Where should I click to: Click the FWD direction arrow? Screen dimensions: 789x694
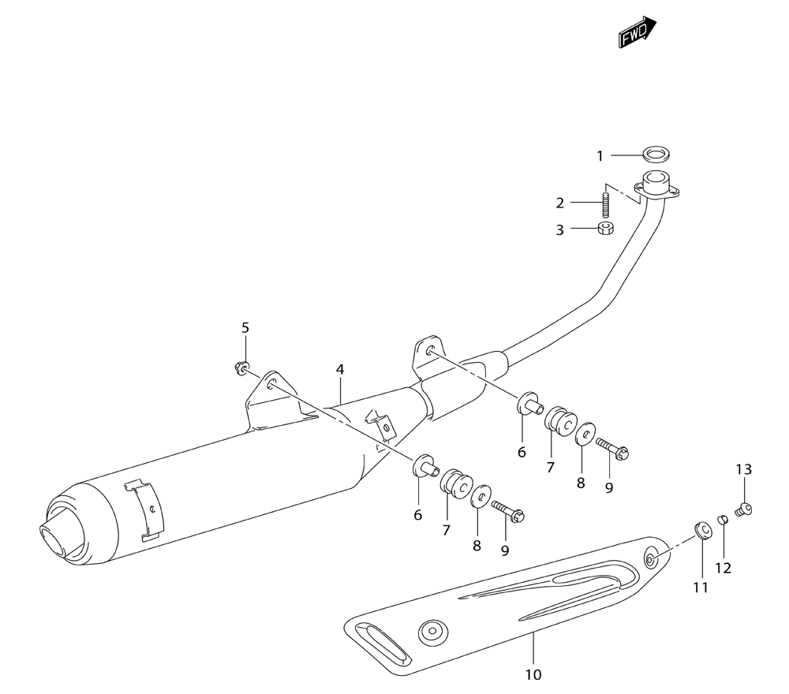(x=638, y=32)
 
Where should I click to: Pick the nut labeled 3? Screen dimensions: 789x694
(x=605, y=229)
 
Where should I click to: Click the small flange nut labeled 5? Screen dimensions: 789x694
(x=241, y=368)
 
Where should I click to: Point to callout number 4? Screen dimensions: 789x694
(x=340, y=370)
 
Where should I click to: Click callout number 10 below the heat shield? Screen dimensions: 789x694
(x=533, y=674)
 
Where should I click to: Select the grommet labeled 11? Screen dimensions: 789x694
(x=703, y=531)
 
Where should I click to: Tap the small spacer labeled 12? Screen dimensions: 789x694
(x=723, y=519)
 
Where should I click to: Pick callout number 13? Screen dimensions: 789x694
(x=744, y=469)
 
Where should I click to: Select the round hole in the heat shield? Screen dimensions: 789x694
(x=432, y=632)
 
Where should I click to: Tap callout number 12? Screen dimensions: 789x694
(x=723, y=569)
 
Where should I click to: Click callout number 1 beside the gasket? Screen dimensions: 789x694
(x=600, y=156)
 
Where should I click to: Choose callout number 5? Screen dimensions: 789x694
(x=245, y=328)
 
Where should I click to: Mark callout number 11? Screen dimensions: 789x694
(x=701, y=588)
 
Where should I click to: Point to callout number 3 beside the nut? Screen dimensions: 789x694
(x=559, y=229)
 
